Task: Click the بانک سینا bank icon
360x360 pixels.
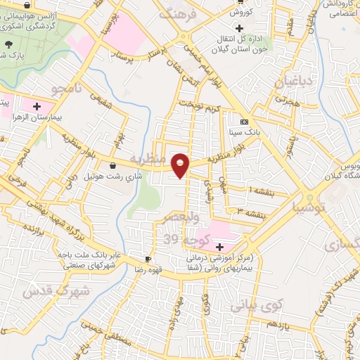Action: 243,120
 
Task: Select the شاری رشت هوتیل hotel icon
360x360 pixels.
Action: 113,166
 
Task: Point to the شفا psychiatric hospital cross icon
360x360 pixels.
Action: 220,247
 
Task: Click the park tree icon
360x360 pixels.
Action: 8,45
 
